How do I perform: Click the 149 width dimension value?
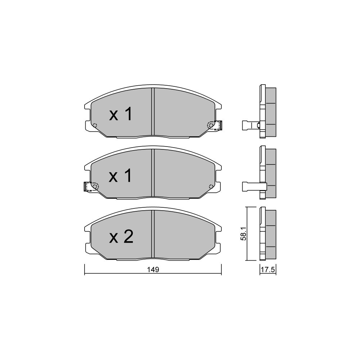153,270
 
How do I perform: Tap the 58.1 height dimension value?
243,234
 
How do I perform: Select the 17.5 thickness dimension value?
268,270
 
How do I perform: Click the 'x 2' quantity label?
121,237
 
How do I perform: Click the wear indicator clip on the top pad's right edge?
219,126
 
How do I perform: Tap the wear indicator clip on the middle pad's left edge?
87,186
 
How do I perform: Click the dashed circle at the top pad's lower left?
95,125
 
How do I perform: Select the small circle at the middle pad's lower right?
211,186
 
